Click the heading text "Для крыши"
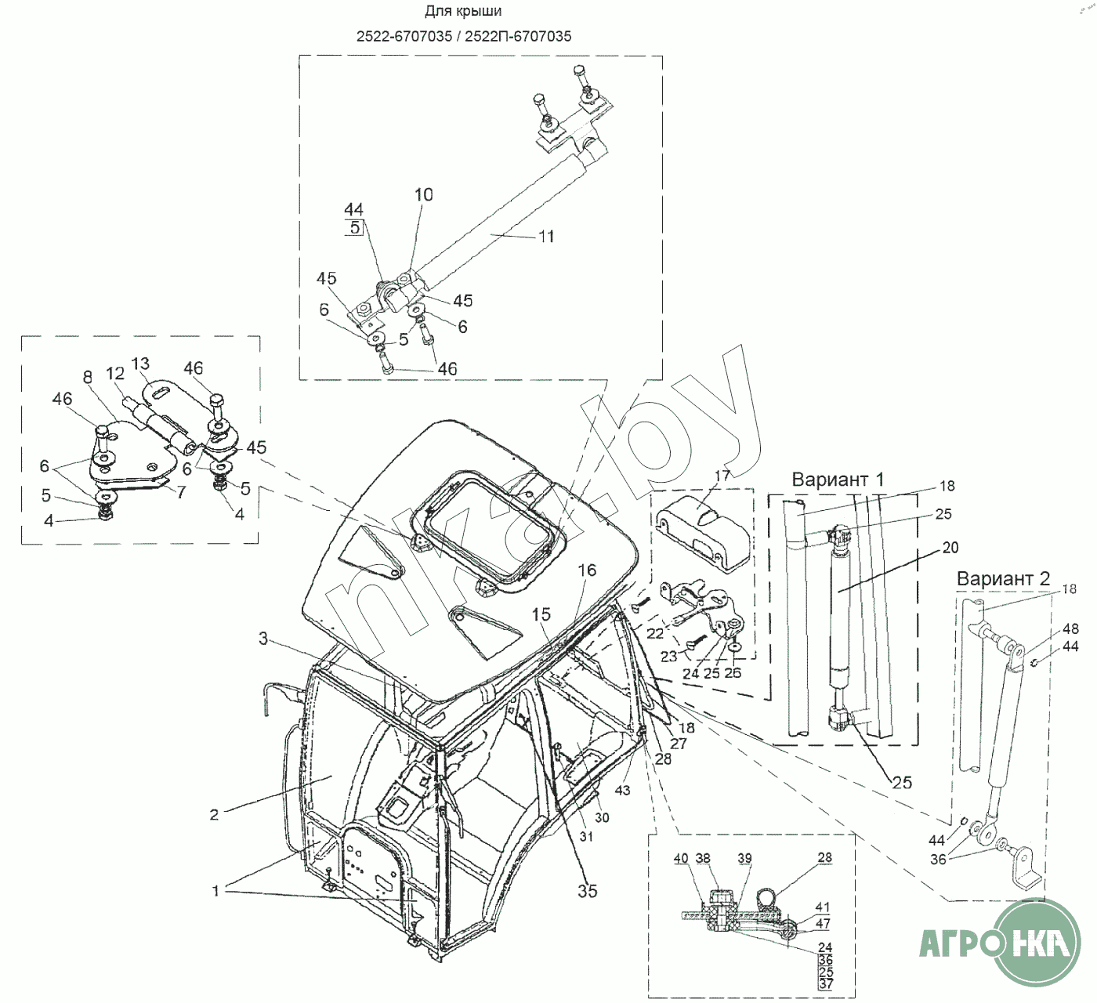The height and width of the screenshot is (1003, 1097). pos(463,12)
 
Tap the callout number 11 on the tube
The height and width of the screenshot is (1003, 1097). pos(546,236)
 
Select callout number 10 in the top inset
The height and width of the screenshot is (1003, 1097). pos(423,195)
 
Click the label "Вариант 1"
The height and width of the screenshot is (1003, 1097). pos(838,480)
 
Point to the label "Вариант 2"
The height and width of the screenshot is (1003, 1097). pos(1003,579)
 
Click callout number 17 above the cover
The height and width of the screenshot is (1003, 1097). pos(722,476)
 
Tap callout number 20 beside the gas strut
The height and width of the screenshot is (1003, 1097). pos(950,548)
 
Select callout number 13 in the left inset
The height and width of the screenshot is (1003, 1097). pos(140,364)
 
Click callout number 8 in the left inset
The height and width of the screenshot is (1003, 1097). pos(88,377)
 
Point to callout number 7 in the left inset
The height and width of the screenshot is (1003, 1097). pos(182,492)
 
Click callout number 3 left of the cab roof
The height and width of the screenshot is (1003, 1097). pos(264,639)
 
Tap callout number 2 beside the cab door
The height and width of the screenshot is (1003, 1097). pos(214,815)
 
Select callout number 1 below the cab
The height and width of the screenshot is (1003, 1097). pos(215,891)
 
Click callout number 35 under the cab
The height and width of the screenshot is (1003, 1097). pos(587,891)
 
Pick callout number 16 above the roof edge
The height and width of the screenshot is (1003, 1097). pos(587,570)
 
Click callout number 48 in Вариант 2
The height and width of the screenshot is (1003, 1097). pos(1070,629)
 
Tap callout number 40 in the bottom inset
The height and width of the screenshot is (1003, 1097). pos(681,859)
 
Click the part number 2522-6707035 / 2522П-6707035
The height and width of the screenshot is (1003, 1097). pos(463,36)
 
